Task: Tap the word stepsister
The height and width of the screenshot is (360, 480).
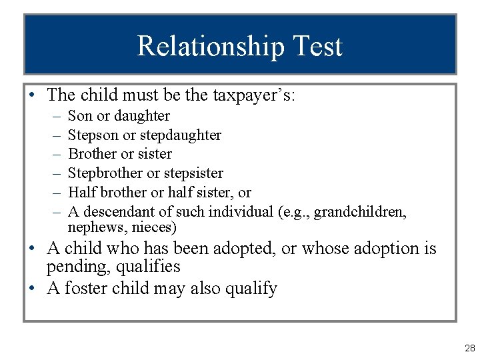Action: [x=193, y=173]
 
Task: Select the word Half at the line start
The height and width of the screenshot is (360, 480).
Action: [x=81, y=193]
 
